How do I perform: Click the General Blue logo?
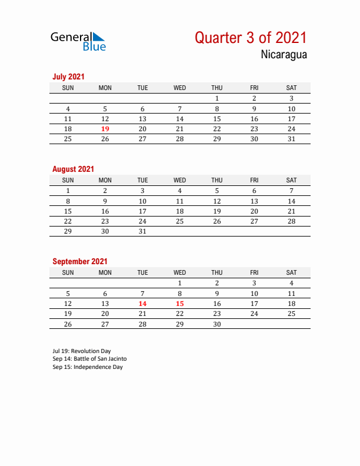click(x=78, y=41)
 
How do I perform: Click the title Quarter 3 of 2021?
click(x=251, y=38)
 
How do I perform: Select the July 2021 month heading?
click(x=68, y=76)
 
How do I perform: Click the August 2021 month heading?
click(x=73, y=169)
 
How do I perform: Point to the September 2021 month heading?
click(x=80, y=261)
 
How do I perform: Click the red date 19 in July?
click(x=105, y=129)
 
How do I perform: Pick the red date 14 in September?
click(x=142, y=304)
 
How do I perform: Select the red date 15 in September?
click(x=180, y=304)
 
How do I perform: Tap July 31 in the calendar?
click(x=291, y=139)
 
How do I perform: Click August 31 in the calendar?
click(x=142, y=231)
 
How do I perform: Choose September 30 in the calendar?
click(x=217, y=324)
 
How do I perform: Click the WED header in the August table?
click(x=180, y=180)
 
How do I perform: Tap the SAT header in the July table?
click(x=291, y=88)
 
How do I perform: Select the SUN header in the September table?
click(x=68, y=272)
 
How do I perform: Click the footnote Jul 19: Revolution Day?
click(x=82, y=351)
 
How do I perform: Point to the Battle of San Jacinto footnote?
click(x=89, y=359)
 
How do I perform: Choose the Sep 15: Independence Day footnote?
click(x=88, y=367)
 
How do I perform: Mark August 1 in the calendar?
click(x=68, y=191)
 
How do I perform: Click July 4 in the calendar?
click(x=68, y=109)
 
